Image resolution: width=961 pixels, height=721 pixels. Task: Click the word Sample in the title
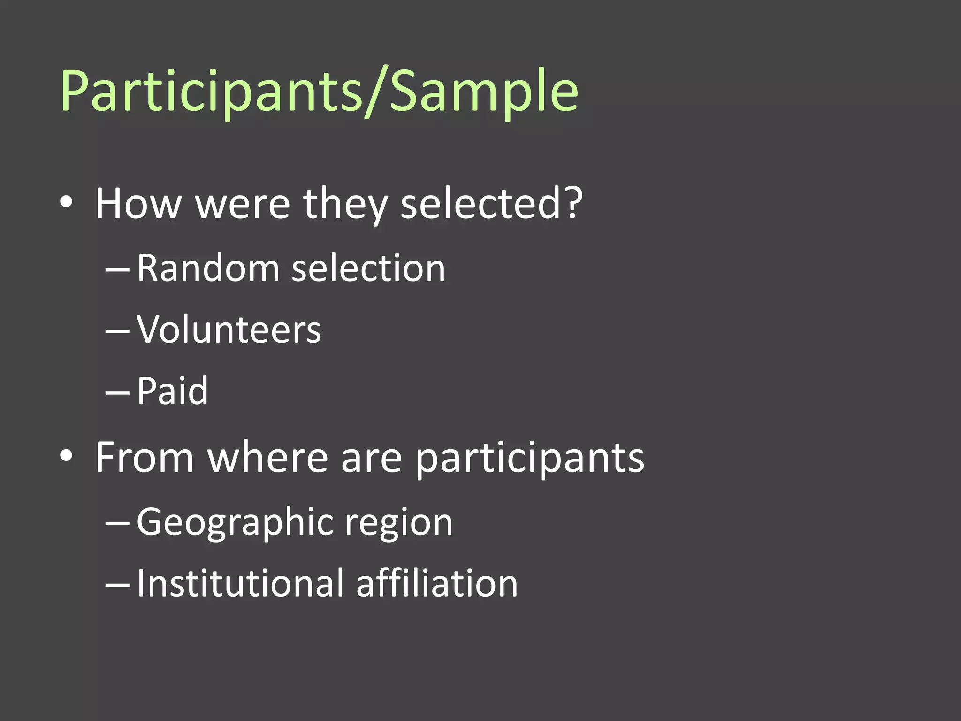click(x=483, y=92)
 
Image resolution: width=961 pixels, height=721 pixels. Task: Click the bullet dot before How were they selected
click(x=66, y=202)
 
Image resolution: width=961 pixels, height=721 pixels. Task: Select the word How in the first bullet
click(x=138, y=204)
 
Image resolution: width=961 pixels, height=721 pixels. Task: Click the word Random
click(x=208, y=268)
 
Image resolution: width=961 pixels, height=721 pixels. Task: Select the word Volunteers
click(x=229, y=330)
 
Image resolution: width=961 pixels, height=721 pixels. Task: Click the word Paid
click(x=172, y=391)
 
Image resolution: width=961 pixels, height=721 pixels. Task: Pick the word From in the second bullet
click(x=145, y=457)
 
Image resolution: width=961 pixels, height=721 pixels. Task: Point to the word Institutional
click(x=239, y=583)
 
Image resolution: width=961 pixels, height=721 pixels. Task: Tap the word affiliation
click(x=436, y=583)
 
